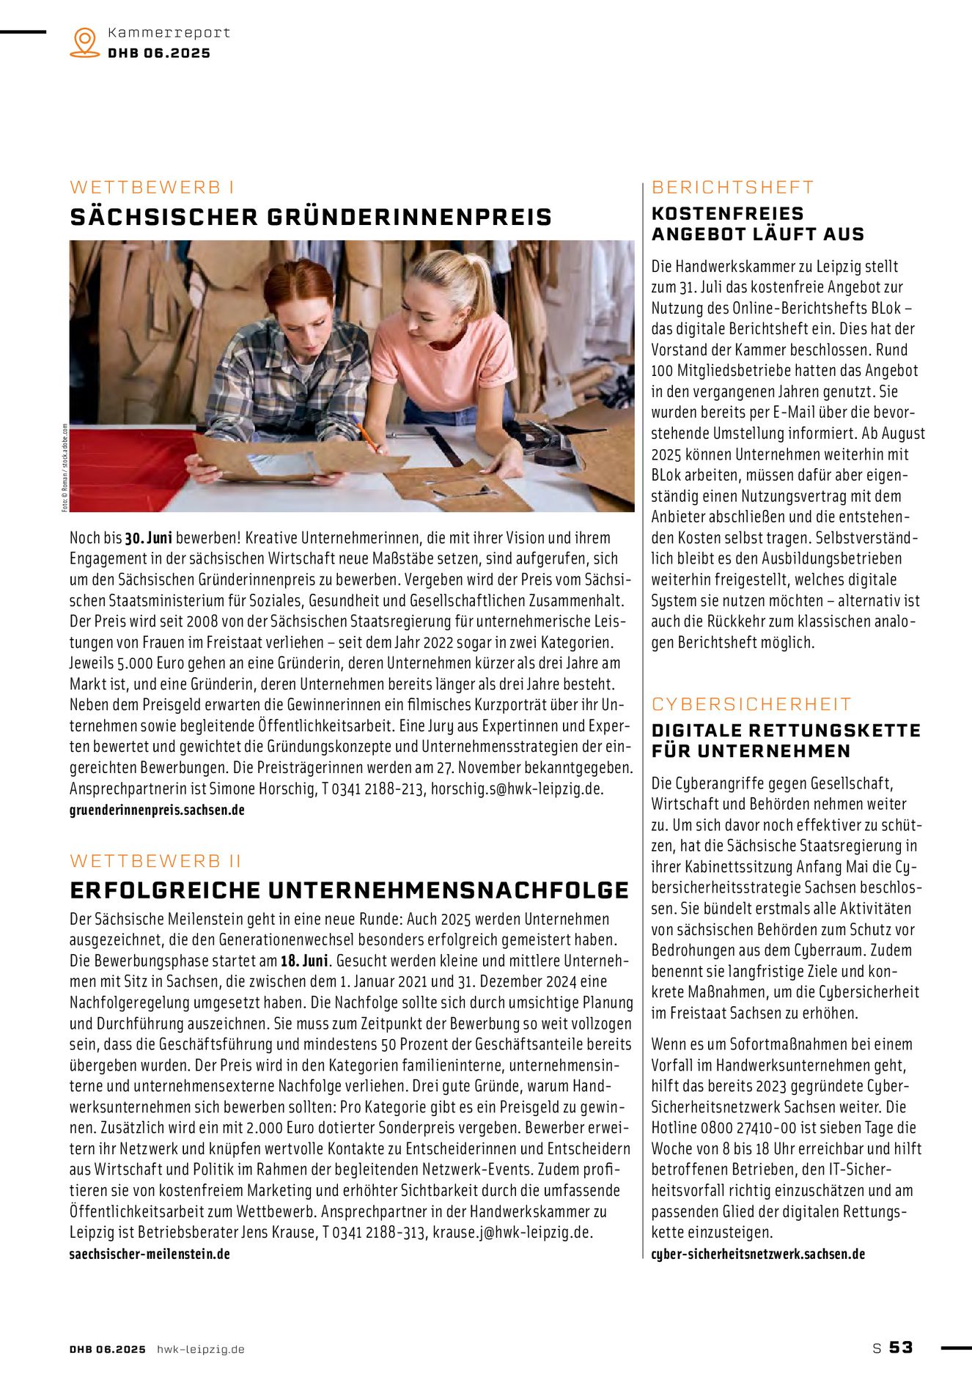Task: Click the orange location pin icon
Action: point(85,43)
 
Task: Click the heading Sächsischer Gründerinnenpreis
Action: point(311,218)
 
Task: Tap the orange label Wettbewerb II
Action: point(155,860)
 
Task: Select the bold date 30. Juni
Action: point(148,538)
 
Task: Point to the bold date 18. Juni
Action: point(304,961)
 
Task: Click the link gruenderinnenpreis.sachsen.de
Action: point(157,810)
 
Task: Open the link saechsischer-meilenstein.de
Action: point(150,1254)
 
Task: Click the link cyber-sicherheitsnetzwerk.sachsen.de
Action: point(758,1254)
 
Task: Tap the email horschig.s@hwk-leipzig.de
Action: point(517,789)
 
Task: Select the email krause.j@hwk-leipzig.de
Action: point(512,1233)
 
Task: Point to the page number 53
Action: point(901,1347)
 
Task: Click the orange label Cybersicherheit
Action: point(751,704)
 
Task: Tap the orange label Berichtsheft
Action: point(732,188)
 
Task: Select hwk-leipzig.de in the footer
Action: point(200,1349)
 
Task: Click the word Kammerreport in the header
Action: point(169,33)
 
